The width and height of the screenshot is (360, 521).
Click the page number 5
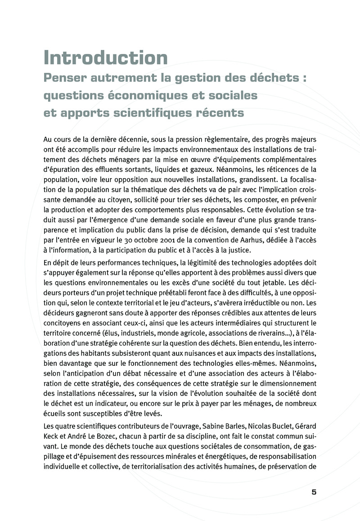coord(314,492)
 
